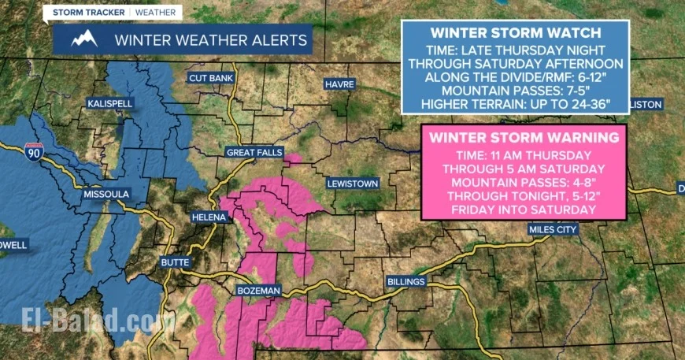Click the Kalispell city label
(110, 104)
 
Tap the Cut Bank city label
(209, 78)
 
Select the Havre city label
(340, 84)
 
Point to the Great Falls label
(250, 152)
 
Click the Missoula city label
(106, 193)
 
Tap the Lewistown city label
(352, 184)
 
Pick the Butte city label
(175, 262)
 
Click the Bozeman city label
(259, 291)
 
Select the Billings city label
(407, 281)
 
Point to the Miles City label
(553, 229)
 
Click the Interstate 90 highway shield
(33, 150)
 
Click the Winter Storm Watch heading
(515, 34)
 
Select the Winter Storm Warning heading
(524, 138)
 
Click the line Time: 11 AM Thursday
(524, 155)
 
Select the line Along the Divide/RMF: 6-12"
(515, 77)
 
